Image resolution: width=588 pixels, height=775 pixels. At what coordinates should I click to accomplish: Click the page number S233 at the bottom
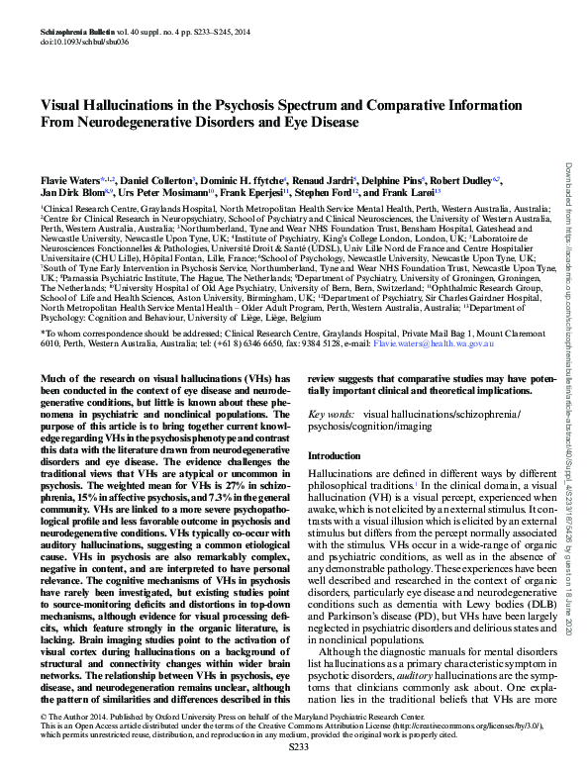(293, 764)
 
